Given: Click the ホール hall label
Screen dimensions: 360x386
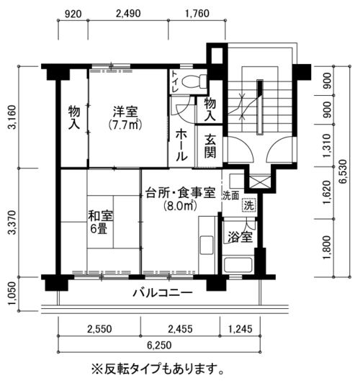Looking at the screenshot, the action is coord(181,145).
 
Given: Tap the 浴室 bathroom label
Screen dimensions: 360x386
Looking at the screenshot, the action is coord(240,237).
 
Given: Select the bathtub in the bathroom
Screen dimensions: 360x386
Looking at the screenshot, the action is coord(238,265).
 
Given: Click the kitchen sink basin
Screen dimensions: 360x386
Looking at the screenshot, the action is coord(207,245).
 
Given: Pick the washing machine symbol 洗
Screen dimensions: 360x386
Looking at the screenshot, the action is coord(249,205).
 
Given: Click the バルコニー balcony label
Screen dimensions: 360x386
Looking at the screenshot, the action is coord(163,293).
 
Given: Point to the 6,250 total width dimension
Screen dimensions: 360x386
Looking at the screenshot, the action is coord(159,345).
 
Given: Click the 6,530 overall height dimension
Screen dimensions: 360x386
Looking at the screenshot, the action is coord(343,171).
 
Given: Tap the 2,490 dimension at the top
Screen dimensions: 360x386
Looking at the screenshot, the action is coord(128,14).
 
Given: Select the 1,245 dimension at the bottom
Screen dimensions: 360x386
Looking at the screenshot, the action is coord(240,329).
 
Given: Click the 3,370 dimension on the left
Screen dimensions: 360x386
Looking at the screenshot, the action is coord(12,223).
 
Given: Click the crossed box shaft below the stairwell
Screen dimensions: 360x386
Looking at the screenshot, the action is coord(258,181).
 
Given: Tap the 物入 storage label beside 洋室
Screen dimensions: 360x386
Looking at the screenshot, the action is coord(74,117).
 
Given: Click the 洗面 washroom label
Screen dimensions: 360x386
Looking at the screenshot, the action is coord(231,196).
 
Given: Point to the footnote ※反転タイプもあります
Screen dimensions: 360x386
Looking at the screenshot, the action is coord(158,369).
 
